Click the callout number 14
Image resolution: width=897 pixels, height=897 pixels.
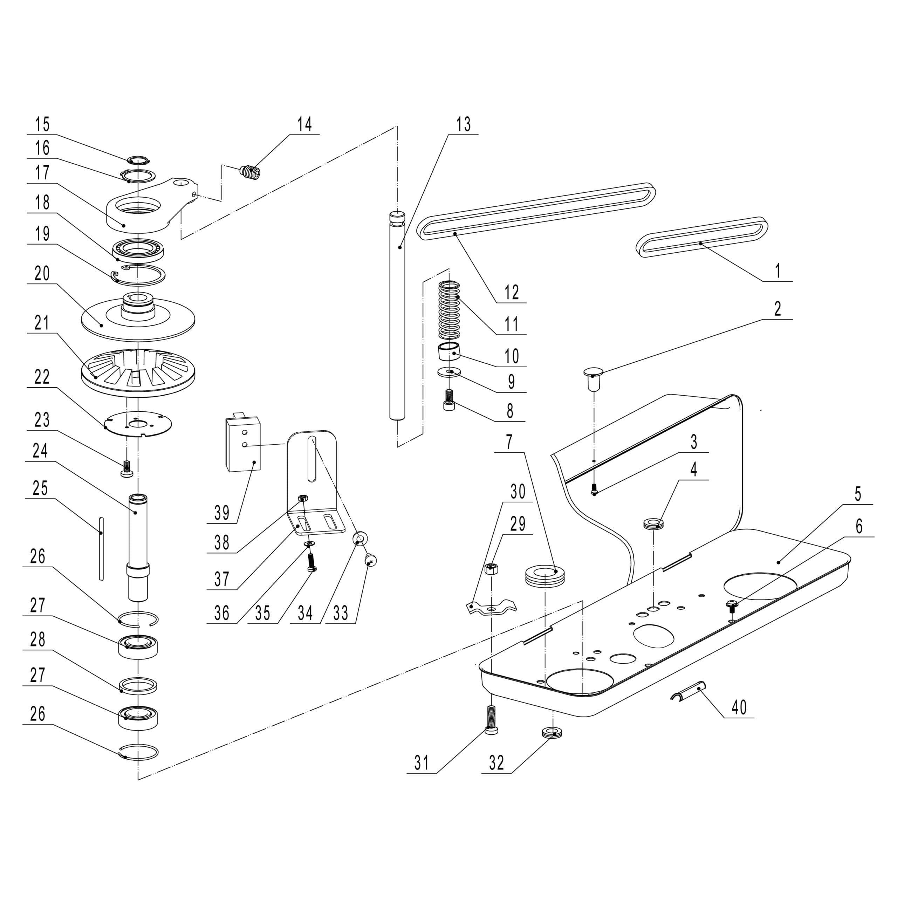coord(304,124)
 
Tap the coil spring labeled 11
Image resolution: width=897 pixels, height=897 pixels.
coord(450,310)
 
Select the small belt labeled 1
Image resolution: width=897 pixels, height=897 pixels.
coord(701,237)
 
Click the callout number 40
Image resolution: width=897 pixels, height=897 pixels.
coord(739,707)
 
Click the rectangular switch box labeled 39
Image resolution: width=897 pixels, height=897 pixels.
coord(243,443)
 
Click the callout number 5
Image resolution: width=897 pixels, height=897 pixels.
coord(858,494)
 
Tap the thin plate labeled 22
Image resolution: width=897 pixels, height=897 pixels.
coord(138,423)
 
